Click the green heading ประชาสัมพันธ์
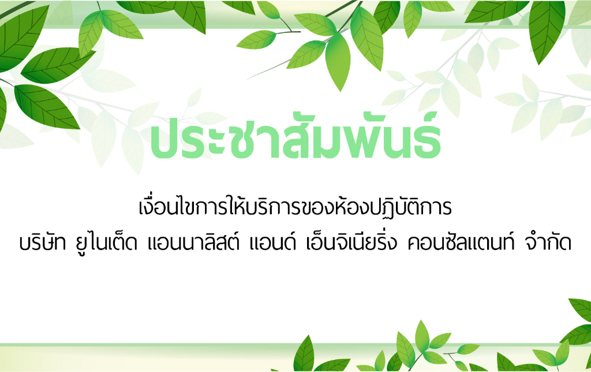coord(295,136)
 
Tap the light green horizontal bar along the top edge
coord(295,27)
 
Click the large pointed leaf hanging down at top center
coord(338,61)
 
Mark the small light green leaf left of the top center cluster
coord(257,39)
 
